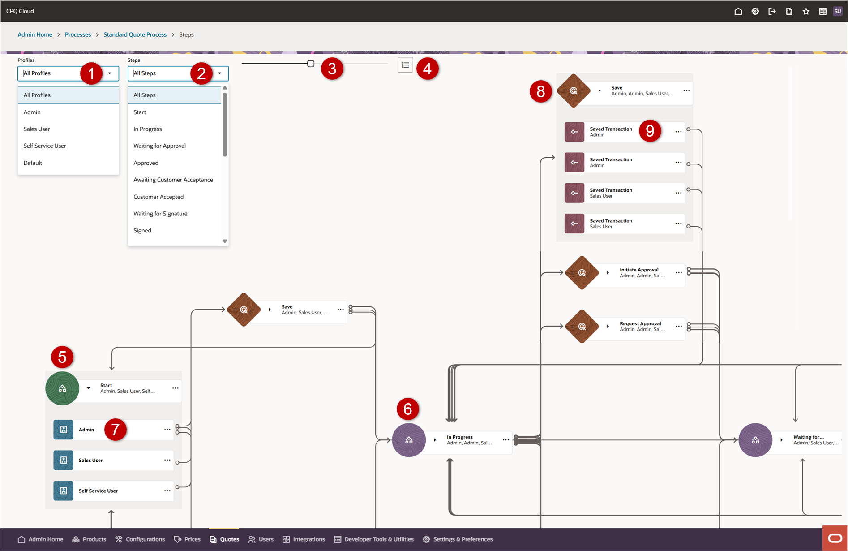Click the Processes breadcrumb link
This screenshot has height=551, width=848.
[77, 34]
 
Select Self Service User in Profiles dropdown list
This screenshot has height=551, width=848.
[45, 146]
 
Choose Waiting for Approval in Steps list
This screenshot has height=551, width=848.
[159, 146]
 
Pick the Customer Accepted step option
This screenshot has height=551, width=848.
[158, 197]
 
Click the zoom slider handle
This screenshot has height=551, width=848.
[311, 64]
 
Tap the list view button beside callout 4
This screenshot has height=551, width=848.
[405, 65]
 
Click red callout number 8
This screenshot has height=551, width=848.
[540, 91]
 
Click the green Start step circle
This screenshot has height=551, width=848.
[62, 388]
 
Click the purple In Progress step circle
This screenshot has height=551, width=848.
[409, 440]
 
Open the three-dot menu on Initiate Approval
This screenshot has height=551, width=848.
[679, 272]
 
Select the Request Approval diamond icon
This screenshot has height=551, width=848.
[582, 327]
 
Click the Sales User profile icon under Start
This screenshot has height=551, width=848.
[63, 460]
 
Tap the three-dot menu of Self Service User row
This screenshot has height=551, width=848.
[167, 491]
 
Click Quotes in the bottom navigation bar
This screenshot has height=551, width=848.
[224, 539]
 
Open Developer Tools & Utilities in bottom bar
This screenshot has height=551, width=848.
[374, 539]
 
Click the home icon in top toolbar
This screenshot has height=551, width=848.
[738, 11]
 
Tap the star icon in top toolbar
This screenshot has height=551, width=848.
[806, 11]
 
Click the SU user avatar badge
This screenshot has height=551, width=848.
[837, 11]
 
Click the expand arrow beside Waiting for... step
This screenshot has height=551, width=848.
[781, 440]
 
